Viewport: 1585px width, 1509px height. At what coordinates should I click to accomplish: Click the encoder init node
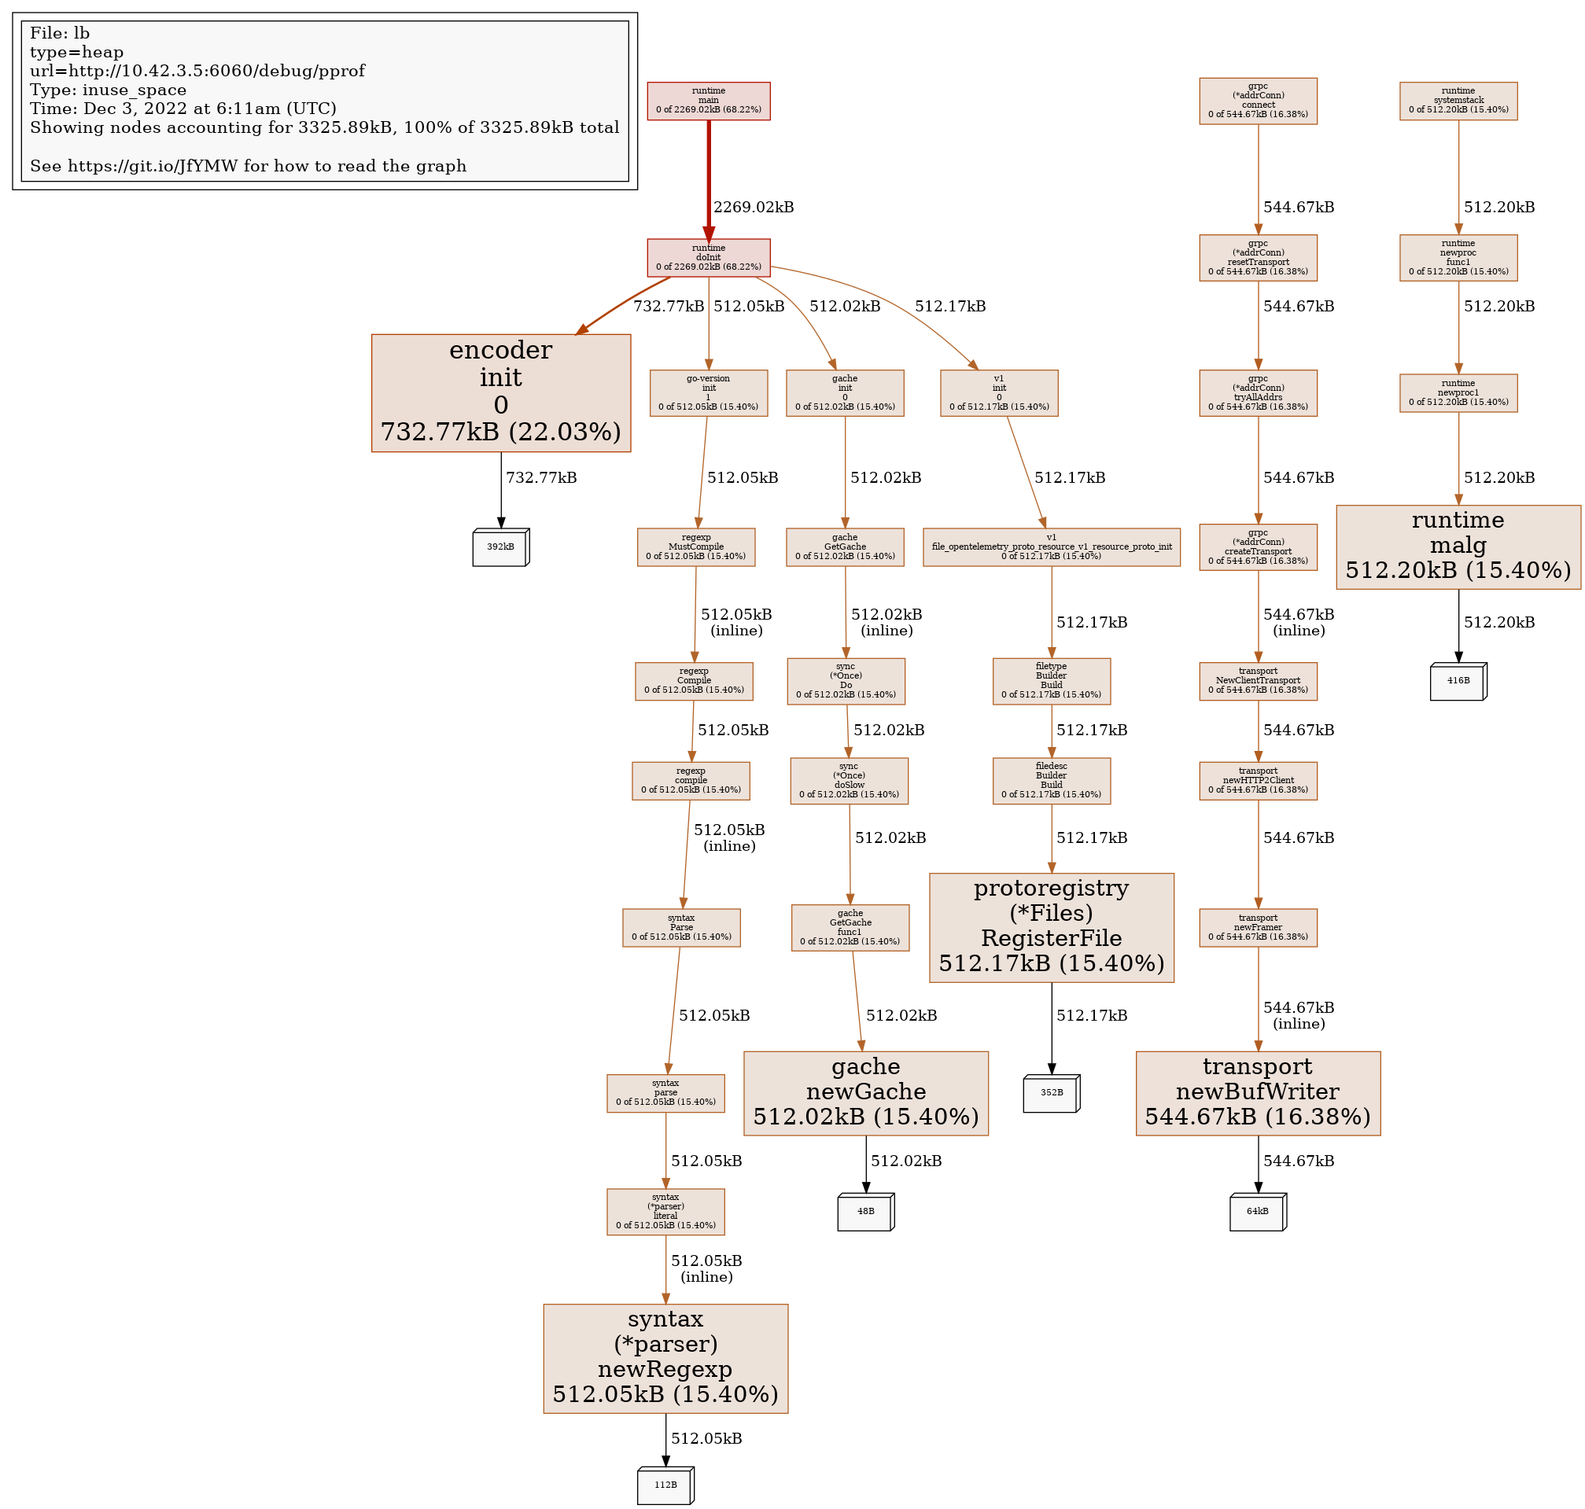[500, 392]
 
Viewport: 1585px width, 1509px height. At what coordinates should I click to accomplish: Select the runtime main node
[708, 101]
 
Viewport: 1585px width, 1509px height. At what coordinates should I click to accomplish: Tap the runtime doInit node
[708, 257]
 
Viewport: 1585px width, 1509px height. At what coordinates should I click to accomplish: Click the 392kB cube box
[499, 547]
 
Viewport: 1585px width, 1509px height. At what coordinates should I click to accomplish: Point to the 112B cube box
[665, 1485]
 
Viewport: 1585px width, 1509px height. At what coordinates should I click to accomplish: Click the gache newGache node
[866, 1093]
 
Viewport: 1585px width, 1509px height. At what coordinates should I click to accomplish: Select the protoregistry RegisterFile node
[1051, 927]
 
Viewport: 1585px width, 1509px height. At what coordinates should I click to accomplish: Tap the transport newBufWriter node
[1258, 1093]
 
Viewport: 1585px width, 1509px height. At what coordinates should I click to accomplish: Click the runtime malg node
[1458, 547]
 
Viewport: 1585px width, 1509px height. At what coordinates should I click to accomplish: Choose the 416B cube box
[1457, 681]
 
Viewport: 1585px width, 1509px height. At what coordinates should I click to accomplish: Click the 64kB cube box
[1257, 1213]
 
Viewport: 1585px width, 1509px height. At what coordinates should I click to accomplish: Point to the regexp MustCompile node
[696, 547]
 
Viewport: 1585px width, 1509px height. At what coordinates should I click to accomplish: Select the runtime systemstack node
[1458, 101]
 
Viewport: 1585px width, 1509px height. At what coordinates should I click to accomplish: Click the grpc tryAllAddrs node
[1258, 392]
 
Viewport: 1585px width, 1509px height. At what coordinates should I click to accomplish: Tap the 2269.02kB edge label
[753, 207]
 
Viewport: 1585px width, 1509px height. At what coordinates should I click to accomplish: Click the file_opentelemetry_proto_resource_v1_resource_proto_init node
[1051, 547]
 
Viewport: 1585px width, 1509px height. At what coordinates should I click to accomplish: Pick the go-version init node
[708, 392]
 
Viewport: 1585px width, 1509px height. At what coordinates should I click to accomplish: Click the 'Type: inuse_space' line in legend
[108, 90]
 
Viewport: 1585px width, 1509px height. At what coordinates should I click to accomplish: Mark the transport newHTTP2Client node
[1258, 780]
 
